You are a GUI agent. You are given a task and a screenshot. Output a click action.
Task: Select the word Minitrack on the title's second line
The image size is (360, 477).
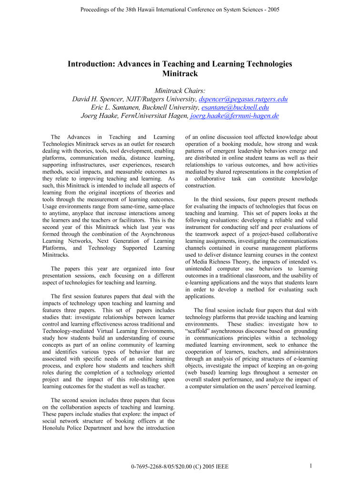click(180, 74)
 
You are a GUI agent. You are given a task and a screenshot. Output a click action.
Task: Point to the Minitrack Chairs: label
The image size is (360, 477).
click(180, 91)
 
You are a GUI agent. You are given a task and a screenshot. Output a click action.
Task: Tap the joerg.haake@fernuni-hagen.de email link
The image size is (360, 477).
click(235, 115)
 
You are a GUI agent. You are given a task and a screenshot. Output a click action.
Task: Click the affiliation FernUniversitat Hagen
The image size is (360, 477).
click(152, 115)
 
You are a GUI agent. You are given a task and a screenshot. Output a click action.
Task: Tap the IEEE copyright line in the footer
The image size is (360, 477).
click(180, 467)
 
